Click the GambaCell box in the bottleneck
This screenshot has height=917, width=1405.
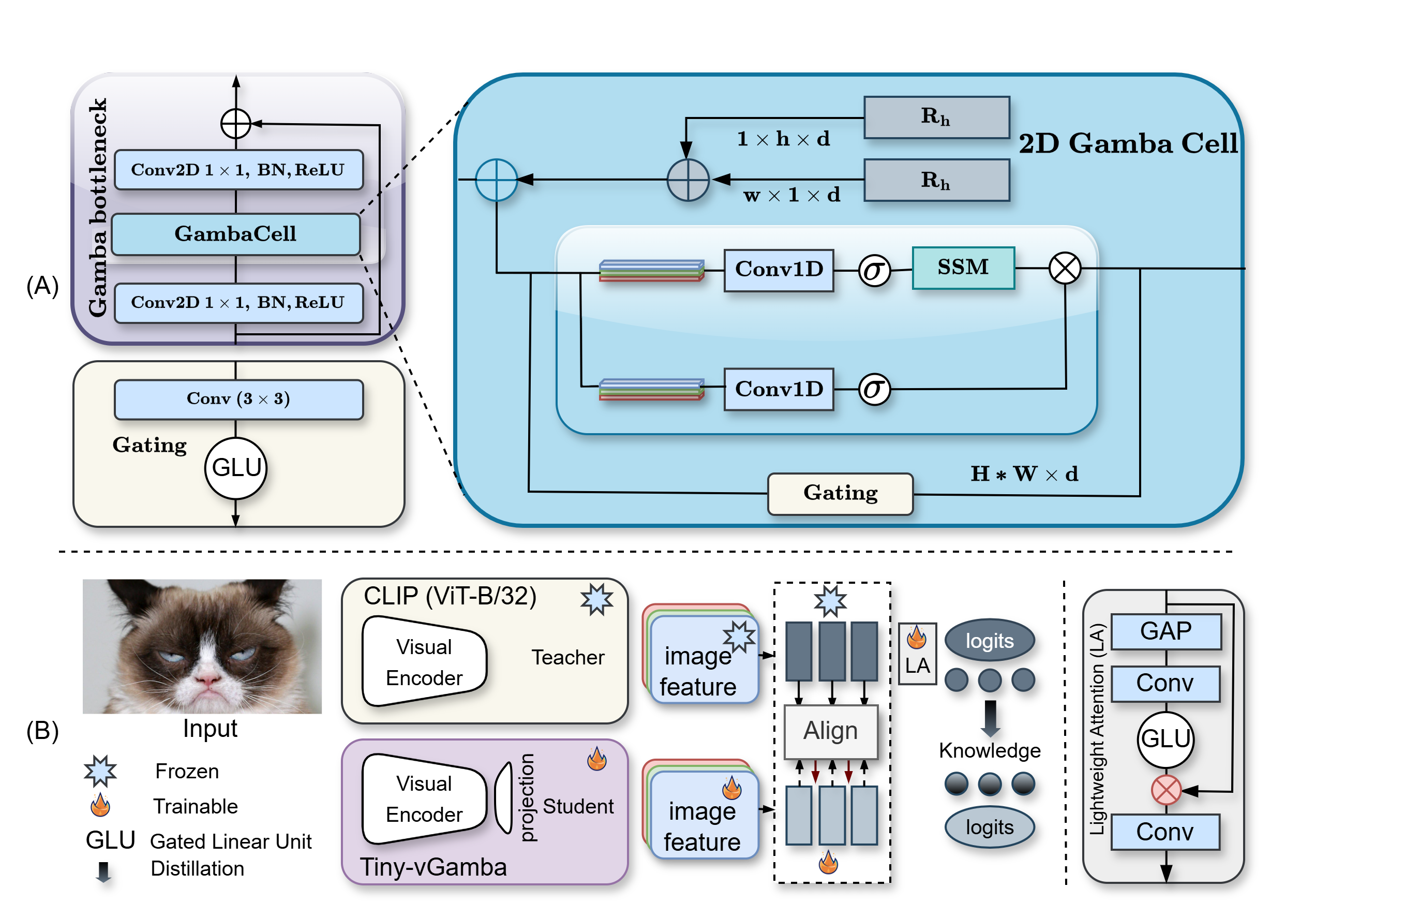[x=235, y=234]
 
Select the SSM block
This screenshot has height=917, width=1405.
[x=963, y=268]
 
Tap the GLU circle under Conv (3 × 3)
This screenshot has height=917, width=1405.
[x=235, y=468]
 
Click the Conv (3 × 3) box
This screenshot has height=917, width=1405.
[x=238, y=399]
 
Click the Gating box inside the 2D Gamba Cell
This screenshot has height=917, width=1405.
[x=840, y=494]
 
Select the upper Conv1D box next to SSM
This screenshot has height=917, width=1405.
[x=778, y=270]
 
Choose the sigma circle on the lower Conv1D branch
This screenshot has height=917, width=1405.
[x=874, y=389]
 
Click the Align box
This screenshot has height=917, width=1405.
[x=830, y=731]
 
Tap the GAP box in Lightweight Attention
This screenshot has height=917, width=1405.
[x=1165, y=631]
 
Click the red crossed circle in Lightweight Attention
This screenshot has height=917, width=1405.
[x=1166, y=790]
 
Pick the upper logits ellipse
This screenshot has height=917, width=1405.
[x=990, y=641]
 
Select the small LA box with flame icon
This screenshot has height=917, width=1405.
[x=917, y=654]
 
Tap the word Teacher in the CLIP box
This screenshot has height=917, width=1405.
[x=567, y=657]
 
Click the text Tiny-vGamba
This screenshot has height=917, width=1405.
[x=434, y=867]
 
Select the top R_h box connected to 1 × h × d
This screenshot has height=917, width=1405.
[x=936, y=117]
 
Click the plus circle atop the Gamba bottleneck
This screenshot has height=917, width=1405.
[x=235, y=124]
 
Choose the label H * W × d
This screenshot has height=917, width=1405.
[x=1024, y=474]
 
